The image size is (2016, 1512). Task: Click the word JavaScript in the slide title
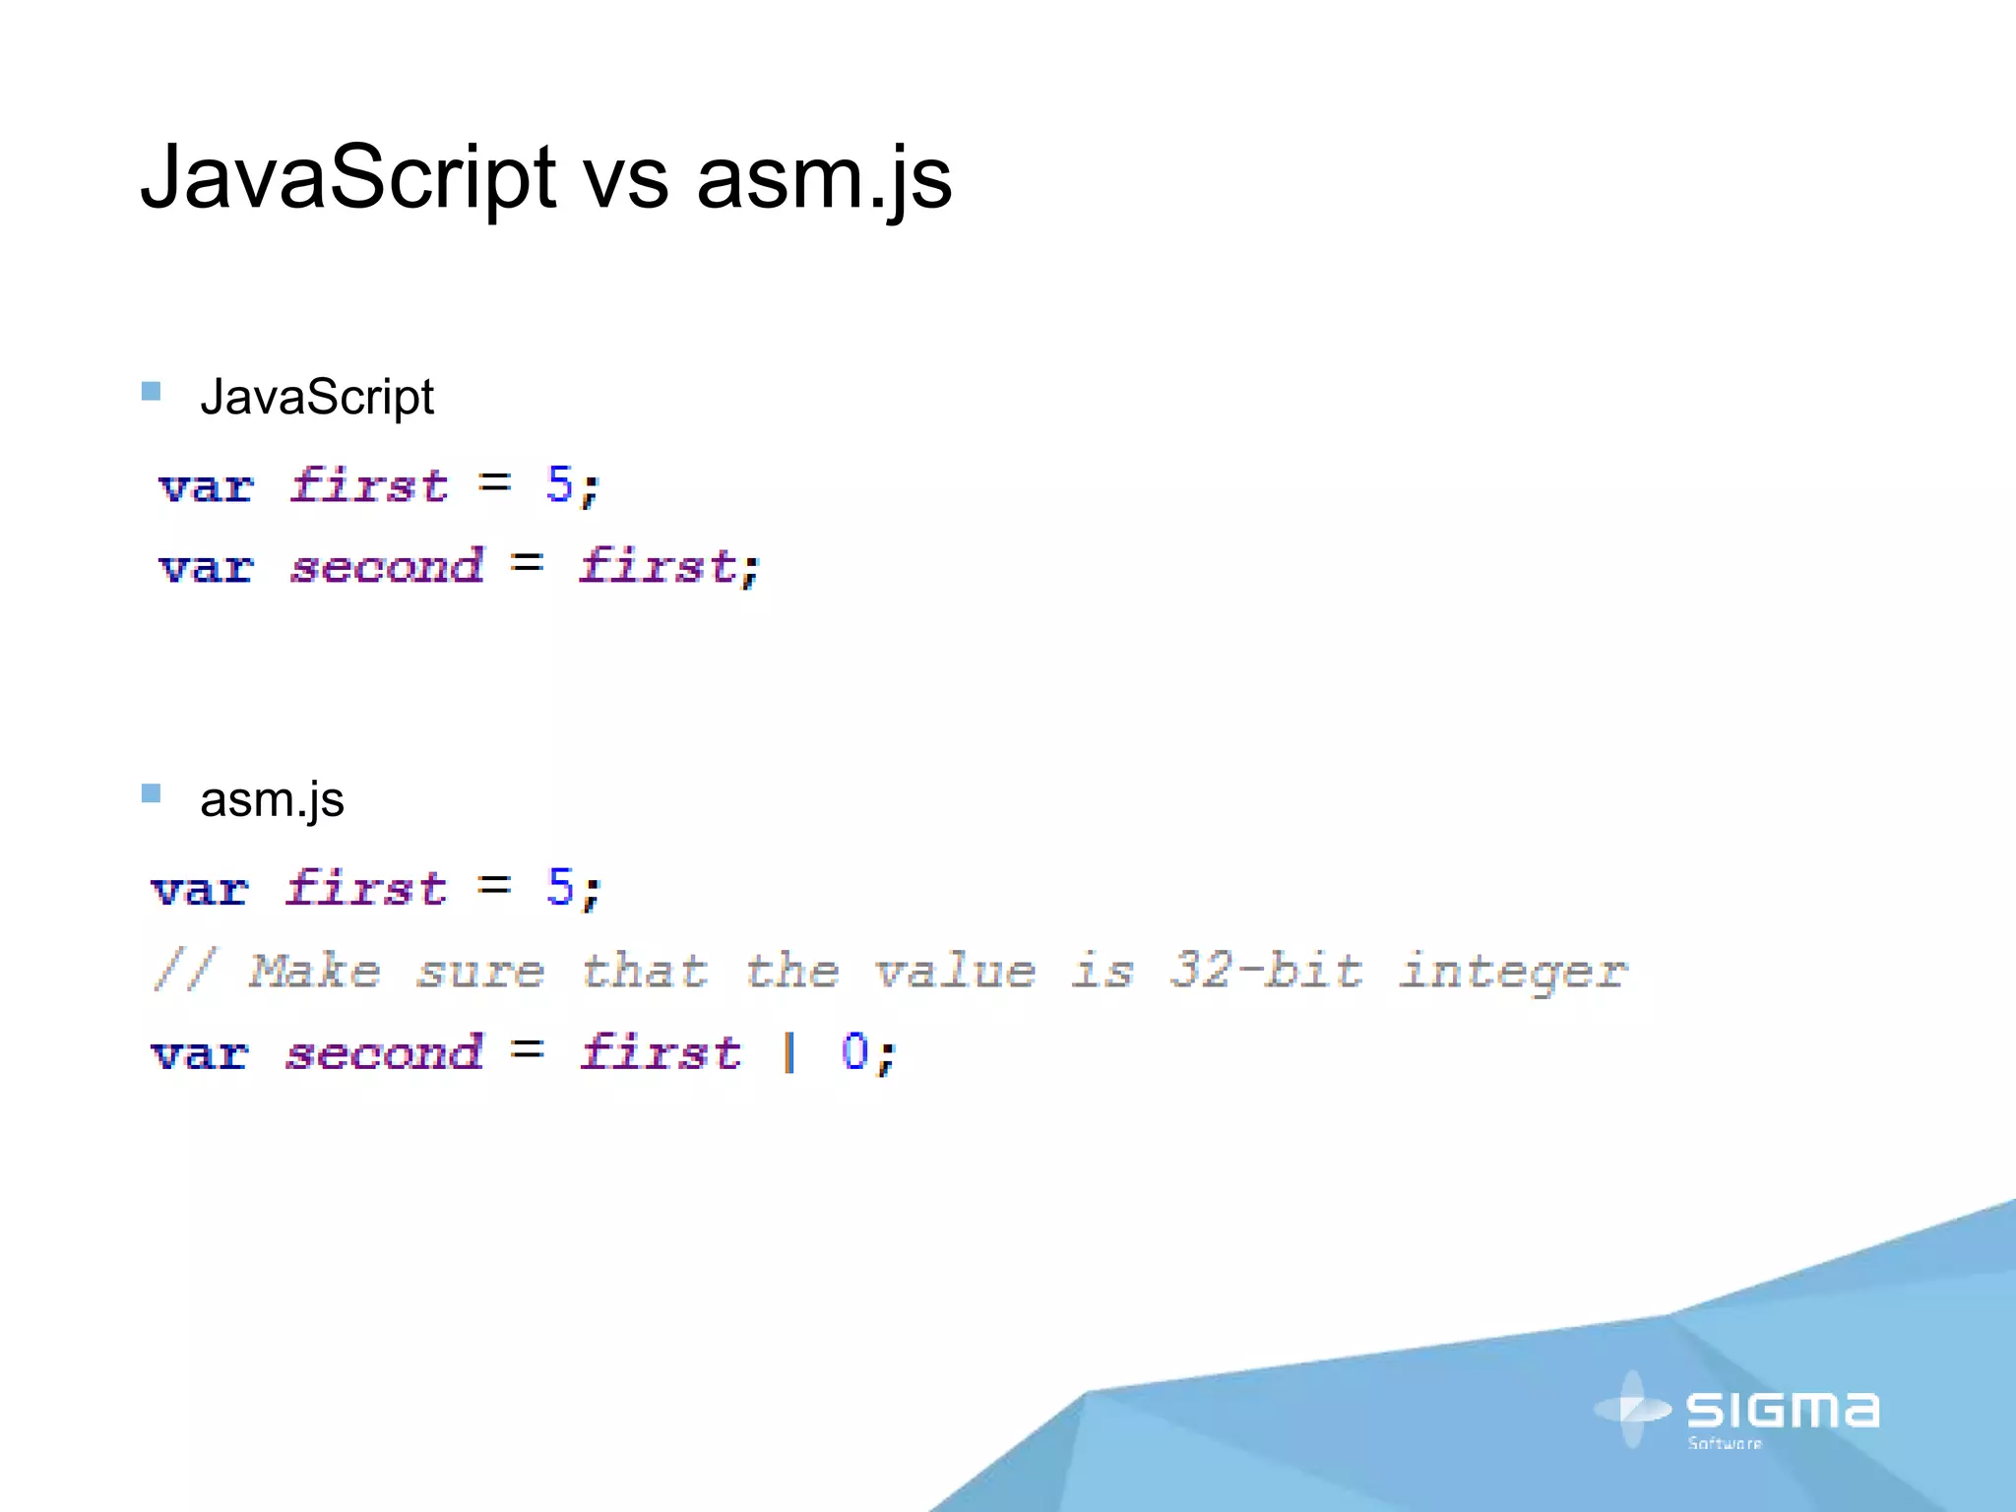coord(348,178)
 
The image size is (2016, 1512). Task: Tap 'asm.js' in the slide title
coord(825,178)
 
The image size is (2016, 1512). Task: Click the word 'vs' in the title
coord(626,180)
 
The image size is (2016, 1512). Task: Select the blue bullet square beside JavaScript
coord(152,392)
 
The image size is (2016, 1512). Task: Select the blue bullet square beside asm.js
coord(152,793)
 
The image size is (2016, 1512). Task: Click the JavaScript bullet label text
coord(316,397)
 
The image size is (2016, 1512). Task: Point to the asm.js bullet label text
coord(272,799)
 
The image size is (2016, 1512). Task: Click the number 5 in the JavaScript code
coord(559,484)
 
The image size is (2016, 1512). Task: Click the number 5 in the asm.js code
coord(559,888)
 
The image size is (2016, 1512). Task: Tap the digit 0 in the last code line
coord(854,1051)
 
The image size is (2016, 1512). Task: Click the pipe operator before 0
coord(788,1051)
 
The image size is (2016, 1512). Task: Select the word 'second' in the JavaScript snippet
coord(386,566)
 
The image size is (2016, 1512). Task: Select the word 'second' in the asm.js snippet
coord(384,1052)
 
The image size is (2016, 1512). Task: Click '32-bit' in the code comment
coord(1266,971)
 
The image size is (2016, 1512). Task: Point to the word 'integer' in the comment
coord(1513,973)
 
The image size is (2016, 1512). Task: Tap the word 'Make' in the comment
coord(314,971)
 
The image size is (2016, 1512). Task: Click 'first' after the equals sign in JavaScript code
coord(658,566)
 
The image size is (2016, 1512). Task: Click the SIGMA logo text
coord(1782,1411)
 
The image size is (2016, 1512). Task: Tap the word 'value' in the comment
coord(954,971)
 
